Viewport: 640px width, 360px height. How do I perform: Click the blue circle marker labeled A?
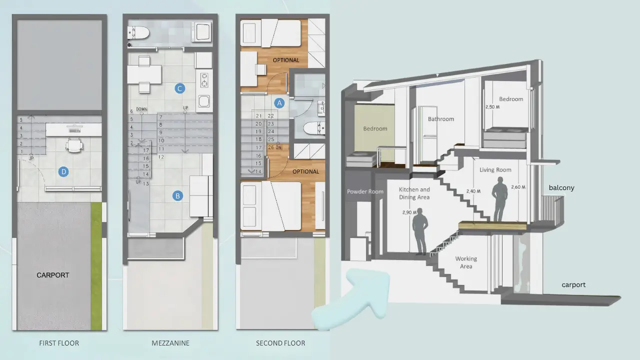point(279,103)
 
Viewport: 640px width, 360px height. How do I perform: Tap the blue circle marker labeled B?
point(177,196)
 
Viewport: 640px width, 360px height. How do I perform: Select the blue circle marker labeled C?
point(179,88)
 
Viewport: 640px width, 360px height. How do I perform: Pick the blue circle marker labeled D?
point(63,172)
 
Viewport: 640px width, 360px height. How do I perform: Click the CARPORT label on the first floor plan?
point(53,275)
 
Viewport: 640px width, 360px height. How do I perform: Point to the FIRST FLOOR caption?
point(59,343)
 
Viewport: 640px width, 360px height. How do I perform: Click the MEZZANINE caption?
point(170,343)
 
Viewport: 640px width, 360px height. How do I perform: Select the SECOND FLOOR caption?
point(280,343)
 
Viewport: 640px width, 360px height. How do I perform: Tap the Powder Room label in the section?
point(365,191)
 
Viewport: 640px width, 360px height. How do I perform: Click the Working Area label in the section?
point(466,262)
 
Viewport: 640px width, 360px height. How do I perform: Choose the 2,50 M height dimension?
point(492,107)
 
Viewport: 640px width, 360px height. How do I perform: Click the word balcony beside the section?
point(561,187)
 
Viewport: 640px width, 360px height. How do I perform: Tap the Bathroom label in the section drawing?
point(441,119)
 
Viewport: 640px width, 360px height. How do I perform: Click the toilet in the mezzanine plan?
point(138,33)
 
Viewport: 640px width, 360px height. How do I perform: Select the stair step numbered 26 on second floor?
point(271,147)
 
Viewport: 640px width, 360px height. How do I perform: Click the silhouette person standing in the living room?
point(499,199)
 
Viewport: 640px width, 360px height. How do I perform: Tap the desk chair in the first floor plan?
point(74,144)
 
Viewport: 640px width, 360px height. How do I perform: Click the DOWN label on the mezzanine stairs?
point(141,109)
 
